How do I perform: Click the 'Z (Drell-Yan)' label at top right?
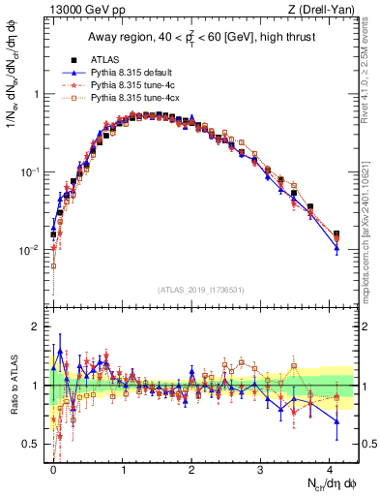(x=324, y=9)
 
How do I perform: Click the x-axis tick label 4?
(x=330, y=467)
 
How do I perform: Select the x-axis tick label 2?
(x=191, y=467)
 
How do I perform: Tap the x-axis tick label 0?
(x=53, y=467)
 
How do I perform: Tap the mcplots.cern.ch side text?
(x=370, y=228)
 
